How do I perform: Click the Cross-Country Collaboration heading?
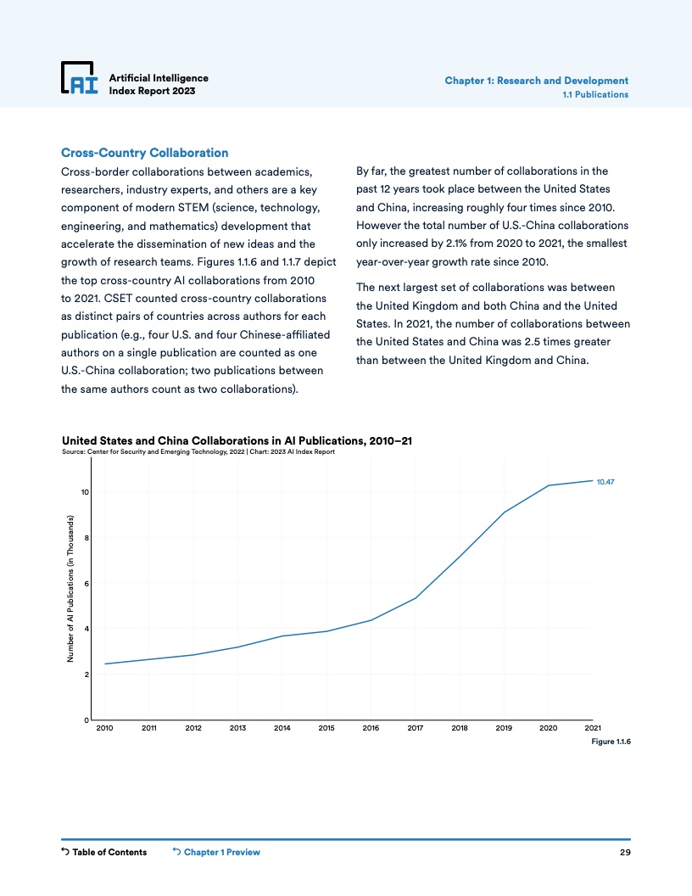pyautogui.click(x=144, y=154)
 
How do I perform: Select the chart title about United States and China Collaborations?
pyautogui.click(x=237, y=440)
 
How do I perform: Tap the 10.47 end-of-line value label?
pyautogui.click(x=605, y=482)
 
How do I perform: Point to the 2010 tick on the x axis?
pyautogui.click(x=105, y=728)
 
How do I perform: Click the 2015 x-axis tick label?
pyautogui.click(x=326, y=728)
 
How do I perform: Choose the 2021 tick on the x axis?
pyautogui.click(x=593, y=728)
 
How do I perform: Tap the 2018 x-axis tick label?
pyautogui.click(x=460, y=728)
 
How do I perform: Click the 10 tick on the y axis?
pyautogui.click(x=84, y=492)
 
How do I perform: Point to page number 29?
pyautogui.click(x=624, y=853)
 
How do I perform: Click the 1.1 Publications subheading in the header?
pyautogui.click(x=595, y=94)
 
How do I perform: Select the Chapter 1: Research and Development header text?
pyautogui.click(x=536, y=81)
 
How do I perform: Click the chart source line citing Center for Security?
pyautogui.click(x=199, y=451)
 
